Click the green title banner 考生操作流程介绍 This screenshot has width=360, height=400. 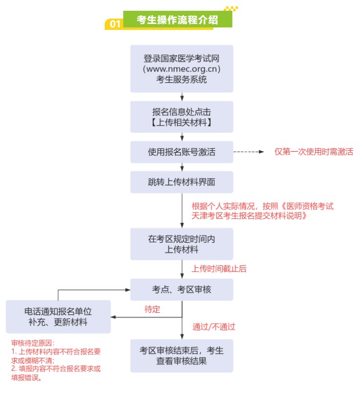pyautogui.click(x=177, y=20)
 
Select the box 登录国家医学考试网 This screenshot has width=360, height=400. pyautogui.click(x=181, y=68)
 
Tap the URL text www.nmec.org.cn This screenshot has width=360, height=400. pyautogui.click(x=181, y=69)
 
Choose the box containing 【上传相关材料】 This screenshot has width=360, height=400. pyautogui.click(x=181, y=116)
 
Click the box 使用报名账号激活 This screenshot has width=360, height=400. pyautogui.click(x=181, y=152)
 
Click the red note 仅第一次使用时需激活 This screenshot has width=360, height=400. pyautogui.click(x=314, y=152)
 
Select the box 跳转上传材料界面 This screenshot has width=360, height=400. pyautogui.click(x=181, y=182)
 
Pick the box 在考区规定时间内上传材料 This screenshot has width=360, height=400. pyautogui.click(x=181, y=244)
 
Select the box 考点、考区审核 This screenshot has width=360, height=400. pyautogui.click(x=181, y=289)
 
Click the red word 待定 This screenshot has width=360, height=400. pyautogui.click(x=152, y=309)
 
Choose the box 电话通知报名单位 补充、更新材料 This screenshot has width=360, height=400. pyautogui.click(x=58, y=317)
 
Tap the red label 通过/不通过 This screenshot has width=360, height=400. pyautogui.click(x=214, y=326)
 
